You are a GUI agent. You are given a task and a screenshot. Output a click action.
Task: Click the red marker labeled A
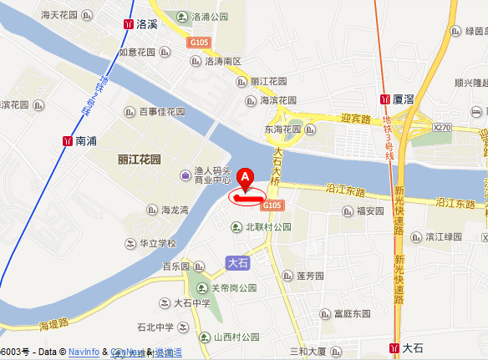pyautogui.click(x=245, y=178)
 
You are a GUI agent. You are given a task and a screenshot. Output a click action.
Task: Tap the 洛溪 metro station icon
pyautogui.click(x=128, y=24)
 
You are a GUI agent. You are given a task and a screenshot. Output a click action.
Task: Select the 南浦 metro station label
pyautogui.click(x=86, y=141)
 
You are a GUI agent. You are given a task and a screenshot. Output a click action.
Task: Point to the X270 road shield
pyautogui.click(x=442, y=127)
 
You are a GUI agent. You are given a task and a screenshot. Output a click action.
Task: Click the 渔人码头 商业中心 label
pyautogui.click(x=213, y=175)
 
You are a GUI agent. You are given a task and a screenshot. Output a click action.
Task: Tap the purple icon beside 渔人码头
pyautogui.click(x=185, y=175)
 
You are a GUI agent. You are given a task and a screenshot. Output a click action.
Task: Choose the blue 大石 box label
pyautogui.click(x=238, y=262)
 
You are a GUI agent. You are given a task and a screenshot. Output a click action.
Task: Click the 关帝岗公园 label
pyautogui.click(x=233, y=289)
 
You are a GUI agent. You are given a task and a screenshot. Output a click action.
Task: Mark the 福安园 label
pyautogui.click(x=369, y=210)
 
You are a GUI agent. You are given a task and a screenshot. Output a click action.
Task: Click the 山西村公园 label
pyautogui.click(x=238, y=337)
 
